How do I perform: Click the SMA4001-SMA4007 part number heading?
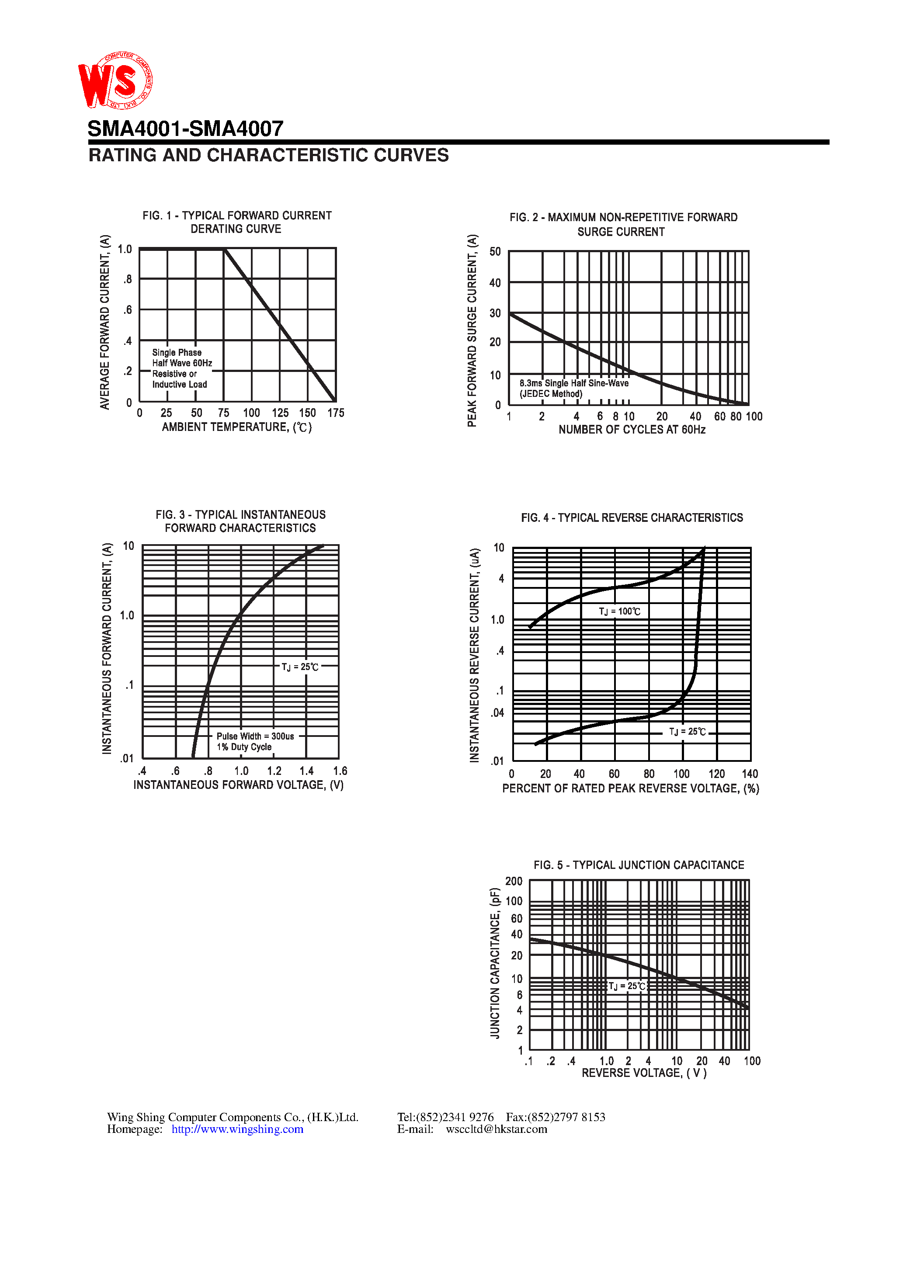click(x=185, y=128)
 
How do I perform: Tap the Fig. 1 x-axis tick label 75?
click(x=223, y=413)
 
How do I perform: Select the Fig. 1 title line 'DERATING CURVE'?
click(x=236, y=229)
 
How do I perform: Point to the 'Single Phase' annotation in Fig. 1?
click(x=177, y=352)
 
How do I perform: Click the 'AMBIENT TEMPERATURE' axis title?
click(x=236, y=427)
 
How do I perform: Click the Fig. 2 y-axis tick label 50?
click(x=495, y=252)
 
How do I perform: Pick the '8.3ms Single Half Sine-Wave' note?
click(x=574, y=383)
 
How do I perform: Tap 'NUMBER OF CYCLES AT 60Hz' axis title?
click(x=632, y=430)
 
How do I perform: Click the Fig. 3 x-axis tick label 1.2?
click(x=274, y=771)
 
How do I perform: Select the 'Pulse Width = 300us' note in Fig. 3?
click(x=255, y=736)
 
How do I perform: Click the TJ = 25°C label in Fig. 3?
click(x=299, y=667)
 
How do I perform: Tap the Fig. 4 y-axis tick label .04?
click(x=498, y=712)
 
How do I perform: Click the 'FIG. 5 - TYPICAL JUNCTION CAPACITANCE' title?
click(x=639, y=865)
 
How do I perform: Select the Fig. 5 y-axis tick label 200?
click(x=513, y=881)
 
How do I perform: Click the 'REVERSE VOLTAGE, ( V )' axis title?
click(x=644, y=1073)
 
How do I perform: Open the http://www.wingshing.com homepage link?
click(x=237, y=1129)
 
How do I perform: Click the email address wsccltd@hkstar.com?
click(x=496, y=1129)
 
